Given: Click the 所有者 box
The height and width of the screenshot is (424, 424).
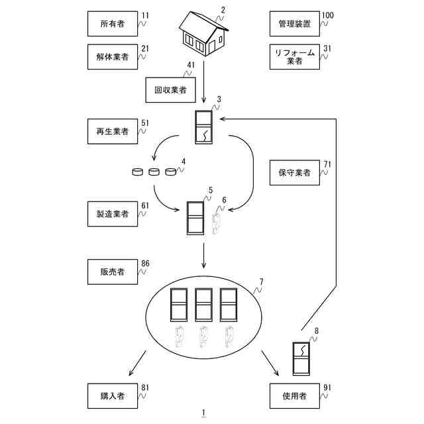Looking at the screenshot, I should (113, 23).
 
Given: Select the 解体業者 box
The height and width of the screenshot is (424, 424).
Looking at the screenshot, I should (113, 57).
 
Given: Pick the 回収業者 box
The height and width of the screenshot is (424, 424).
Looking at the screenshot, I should (171, 89).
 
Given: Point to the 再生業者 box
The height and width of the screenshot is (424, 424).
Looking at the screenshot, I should (113, 131).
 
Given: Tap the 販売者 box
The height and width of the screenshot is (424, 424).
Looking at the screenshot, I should (113, 272).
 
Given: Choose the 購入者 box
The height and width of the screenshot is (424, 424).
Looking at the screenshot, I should (113, 396).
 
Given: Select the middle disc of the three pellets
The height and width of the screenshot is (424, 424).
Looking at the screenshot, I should (154, 172).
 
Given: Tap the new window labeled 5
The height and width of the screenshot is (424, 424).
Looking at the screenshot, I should (195, 217).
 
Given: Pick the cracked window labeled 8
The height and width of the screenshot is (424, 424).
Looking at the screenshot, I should (302, 358).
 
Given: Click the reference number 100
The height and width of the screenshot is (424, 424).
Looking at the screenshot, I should (328, 14).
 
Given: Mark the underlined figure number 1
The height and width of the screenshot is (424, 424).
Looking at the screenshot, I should (204, 413).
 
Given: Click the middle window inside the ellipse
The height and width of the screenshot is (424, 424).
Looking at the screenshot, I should (203, 305).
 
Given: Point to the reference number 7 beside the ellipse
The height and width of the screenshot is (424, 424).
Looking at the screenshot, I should (261, 282).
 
